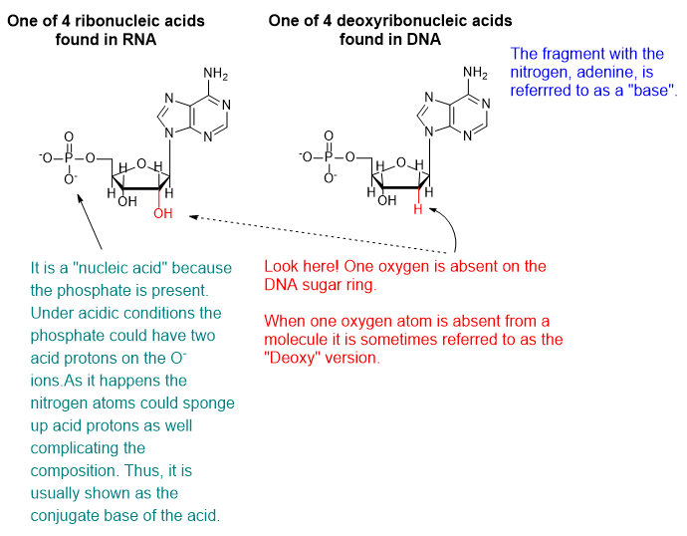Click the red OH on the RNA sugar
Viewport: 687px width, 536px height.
163,213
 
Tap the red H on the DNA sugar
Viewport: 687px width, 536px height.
419,211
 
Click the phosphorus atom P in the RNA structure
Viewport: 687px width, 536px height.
69,156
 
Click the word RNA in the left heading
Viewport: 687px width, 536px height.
137,39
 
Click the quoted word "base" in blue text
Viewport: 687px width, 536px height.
654,91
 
